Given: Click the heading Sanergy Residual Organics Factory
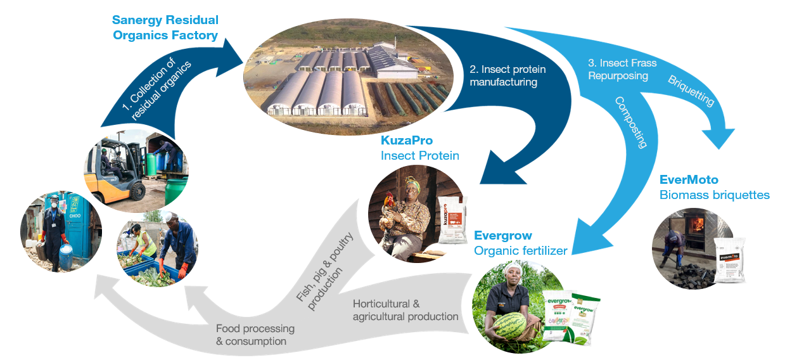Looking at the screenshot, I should pos(165,27).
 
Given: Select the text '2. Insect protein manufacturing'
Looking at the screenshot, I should pos(507,75).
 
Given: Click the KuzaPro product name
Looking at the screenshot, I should pos(407,140).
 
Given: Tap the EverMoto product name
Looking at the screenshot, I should pos(689,180).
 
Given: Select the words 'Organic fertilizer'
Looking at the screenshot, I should pos(520,251).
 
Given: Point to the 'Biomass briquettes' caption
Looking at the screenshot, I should pos(714,195).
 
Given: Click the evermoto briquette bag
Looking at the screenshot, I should pos(729,260).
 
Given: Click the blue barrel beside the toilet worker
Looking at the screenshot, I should pos(67,256).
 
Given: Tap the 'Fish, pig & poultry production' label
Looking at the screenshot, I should pos(328,272).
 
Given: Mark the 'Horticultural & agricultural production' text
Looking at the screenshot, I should pos(405,310).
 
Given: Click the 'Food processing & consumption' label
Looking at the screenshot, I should pos(255,335).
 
